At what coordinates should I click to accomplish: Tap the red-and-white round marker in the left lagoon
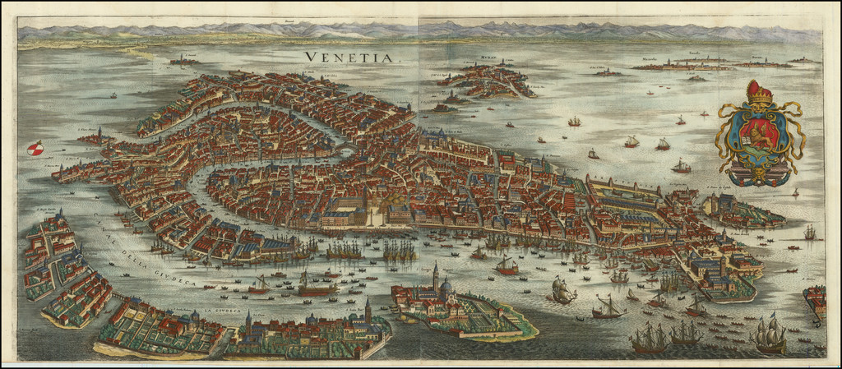pos(35,149)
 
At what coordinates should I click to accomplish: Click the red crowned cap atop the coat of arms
pos(758,91)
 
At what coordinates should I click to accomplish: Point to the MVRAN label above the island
pos(488,59)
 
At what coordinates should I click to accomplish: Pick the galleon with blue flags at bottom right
pos(769,333)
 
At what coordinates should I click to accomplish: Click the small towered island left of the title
pos(183,60)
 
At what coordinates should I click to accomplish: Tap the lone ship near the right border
pos(809,233)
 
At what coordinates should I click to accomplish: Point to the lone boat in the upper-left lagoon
pos(113,95)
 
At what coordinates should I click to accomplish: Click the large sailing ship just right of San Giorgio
pos(562,290)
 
